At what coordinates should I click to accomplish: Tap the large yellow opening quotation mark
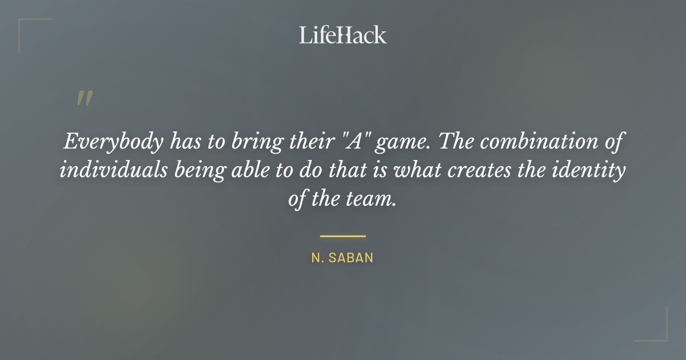(x=84, y=99)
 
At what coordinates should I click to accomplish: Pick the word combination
(x=535, y=142)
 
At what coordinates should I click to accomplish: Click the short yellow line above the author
(x=342, y=235)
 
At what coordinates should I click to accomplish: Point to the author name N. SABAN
(x=342, y=258)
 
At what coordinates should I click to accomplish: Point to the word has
(x=184, y=142)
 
